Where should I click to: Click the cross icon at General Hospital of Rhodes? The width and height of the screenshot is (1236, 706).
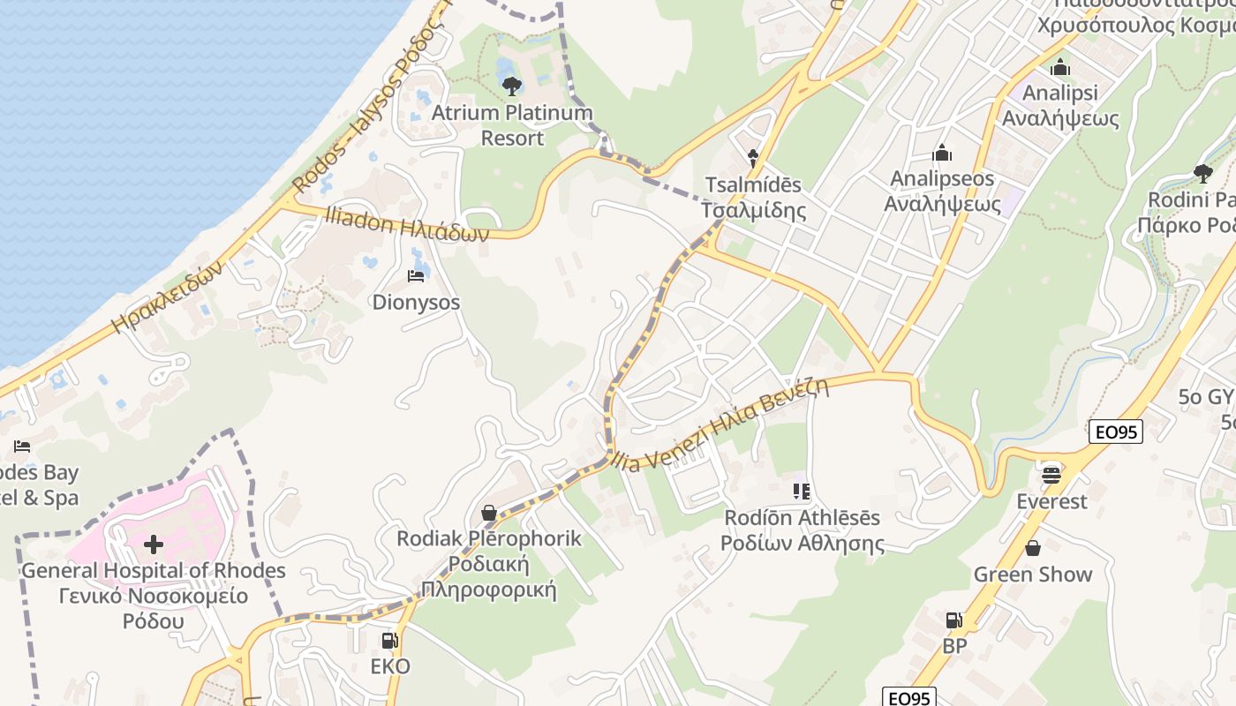[x=154, y=544]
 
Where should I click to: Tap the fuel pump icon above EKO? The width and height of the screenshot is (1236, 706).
[x=389, y=641]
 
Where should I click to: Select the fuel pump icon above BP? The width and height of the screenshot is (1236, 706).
[x=953, y=620]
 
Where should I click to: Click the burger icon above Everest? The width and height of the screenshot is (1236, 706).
[x=1051, y=475]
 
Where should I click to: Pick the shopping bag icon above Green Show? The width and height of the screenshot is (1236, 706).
[x=1032, y=548]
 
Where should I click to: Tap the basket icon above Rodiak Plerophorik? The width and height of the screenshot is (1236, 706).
[x=488, y=512]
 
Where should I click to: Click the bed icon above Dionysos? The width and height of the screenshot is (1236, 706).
[x=416, y=276]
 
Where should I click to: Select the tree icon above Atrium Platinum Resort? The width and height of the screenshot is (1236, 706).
[x=511, y=86]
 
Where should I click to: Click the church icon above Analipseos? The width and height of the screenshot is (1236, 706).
[x=942, y=153]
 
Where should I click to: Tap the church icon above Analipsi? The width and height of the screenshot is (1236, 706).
[x=1060, y=67]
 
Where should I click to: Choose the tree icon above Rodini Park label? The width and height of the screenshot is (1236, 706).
[x=1202, y=173]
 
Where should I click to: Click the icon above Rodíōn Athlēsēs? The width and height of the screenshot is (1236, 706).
[x=802, y=491]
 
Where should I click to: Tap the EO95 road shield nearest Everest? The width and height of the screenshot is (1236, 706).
[x=1116, y=432]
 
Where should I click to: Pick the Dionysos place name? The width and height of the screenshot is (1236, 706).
[x=416, y=302]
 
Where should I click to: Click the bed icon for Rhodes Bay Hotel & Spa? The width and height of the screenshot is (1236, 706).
[x=22, y=447]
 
